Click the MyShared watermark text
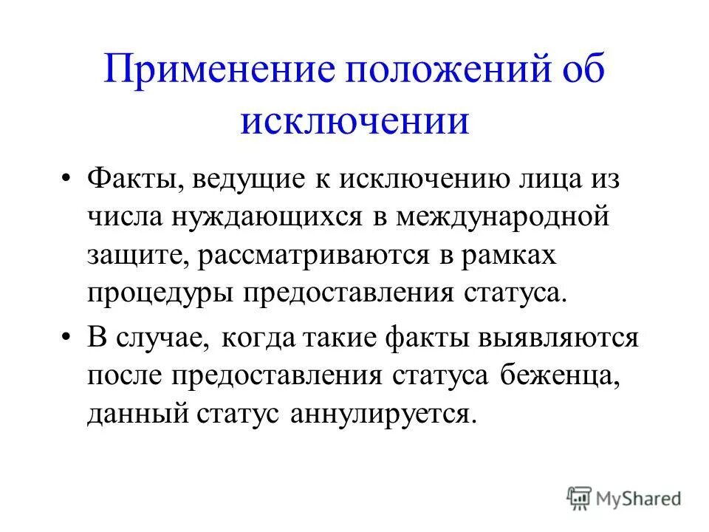[x=639, y=498]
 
